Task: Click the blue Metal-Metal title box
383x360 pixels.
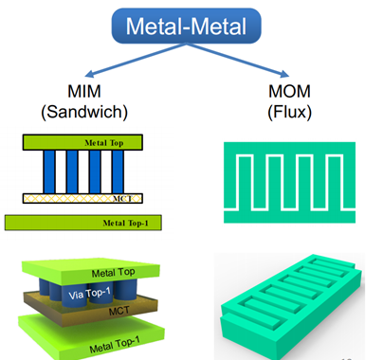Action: pos(187,26)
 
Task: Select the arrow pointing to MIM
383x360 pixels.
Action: pos(136,60)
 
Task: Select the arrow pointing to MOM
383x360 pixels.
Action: pos(238,60)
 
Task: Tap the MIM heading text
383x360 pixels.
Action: pos(84,91)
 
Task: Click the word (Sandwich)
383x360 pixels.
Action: pos(84,112)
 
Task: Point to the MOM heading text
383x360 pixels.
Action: pos(289,91)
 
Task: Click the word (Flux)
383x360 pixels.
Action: pos(289,112)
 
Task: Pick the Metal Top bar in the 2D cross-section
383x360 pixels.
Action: pos(82,142)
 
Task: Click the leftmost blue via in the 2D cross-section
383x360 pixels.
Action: pos(49,171)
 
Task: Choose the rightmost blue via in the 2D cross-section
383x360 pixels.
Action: pos(118,171)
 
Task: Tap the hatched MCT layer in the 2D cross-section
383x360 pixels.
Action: pos(82,198)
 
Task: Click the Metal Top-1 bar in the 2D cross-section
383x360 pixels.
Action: pos(83,223)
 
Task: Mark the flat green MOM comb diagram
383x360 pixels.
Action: pos(289,183)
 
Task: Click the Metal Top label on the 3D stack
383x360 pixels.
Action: pos(113,273)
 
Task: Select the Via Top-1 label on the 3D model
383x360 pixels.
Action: pos(90,295)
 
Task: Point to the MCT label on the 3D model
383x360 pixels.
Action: pos(119,312)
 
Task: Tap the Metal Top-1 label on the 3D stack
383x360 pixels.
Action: pos(115,345)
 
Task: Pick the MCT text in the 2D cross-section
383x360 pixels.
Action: pos(122,198)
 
